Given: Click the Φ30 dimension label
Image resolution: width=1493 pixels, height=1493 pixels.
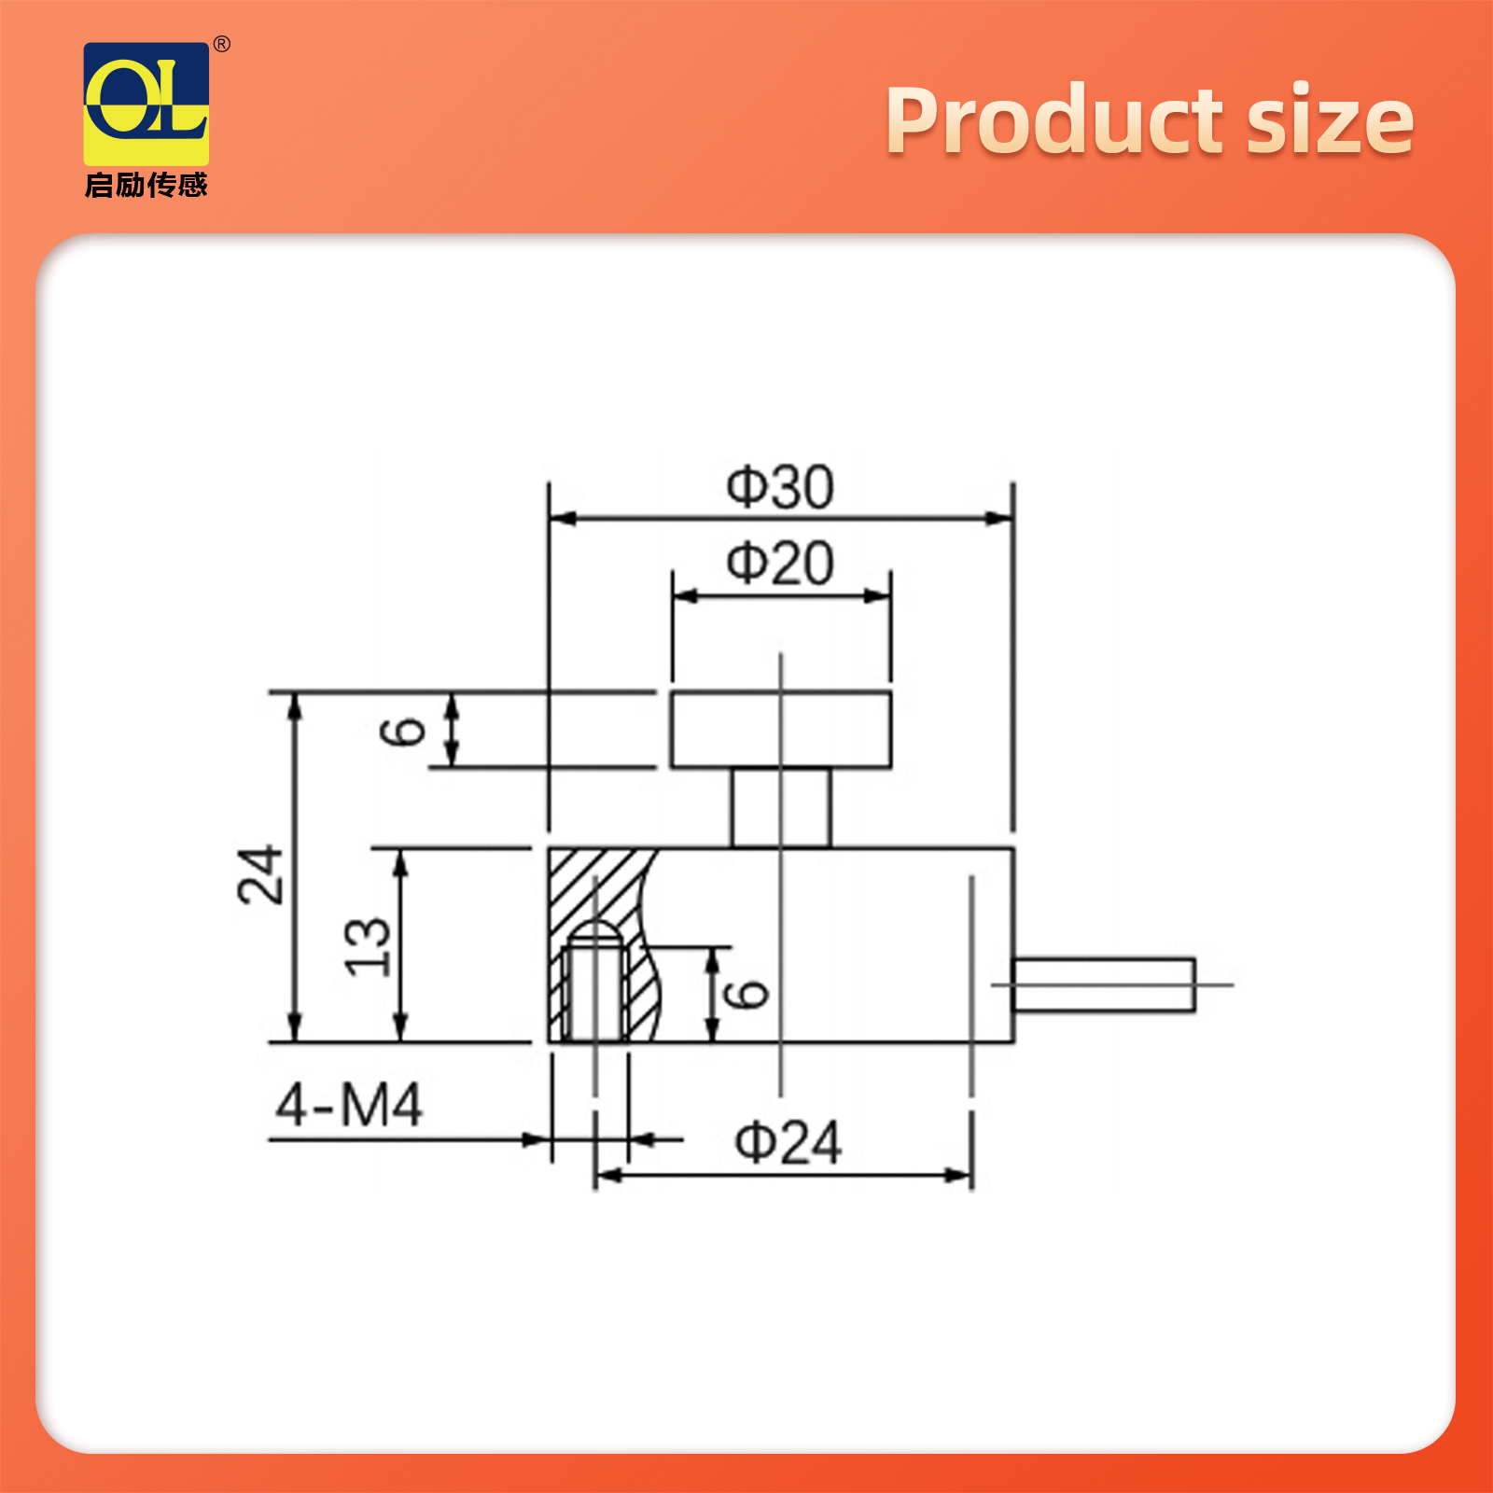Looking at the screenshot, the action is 780,487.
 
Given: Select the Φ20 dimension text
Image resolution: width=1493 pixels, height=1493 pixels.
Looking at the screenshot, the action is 780,564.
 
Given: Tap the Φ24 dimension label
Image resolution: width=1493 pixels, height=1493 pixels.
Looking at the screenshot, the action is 788,1142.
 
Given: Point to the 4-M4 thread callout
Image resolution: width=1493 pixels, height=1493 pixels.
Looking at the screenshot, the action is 349,1105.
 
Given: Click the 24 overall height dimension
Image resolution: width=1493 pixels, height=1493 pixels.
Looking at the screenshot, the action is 260,874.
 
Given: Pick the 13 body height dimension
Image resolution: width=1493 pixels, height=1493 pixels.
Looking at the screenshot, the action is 368,946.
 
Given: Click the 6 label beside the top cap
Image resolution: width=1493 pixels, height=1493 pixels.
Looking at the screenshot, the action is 403,732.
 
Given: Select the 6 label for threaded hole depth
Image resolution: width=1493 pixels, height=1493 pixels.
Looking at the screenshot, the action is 746,995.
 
